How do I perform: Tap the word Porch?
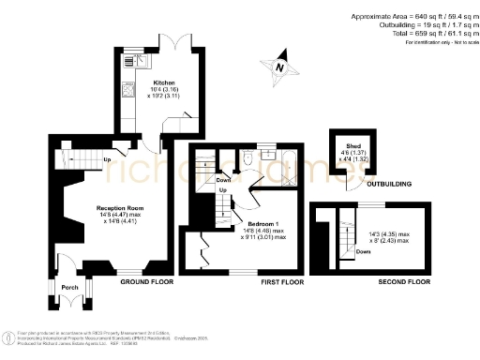pyautogui.click(x=69, y=287)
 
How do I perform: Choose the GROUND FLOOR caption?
pyautogui.click(x=149, y=281)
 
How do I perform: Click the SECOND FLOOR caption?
pyautogui.click(x=405, y=281)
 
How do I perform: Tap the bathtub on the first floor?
pyautogui.click(x=281, y=159)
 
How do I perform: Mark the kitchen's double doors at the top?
pyautogui.click(x=172, y=42)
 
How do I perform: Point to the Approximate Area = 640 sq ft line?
pyautogui.click(x=412, y=16)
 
